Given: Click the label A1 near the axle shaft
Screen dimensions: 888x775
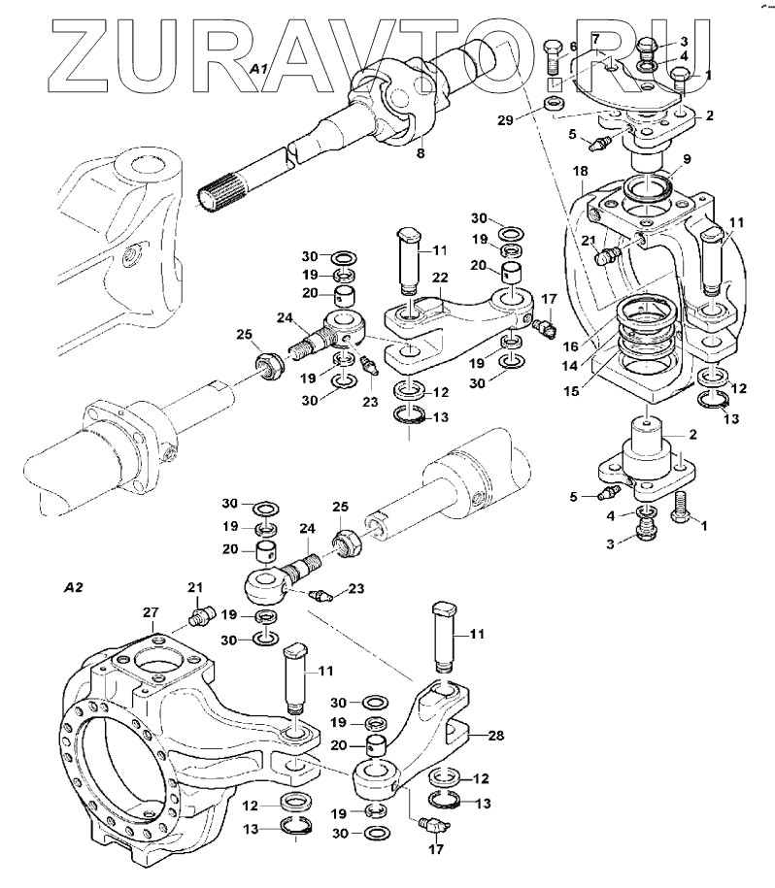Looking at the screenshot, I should click(x=257, y=69).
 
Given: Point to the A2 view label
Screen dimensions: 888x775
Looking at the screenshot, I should click(x=72, y=588).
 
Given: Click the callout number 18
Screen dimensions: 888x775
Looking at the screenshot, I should click(x=580, y=172).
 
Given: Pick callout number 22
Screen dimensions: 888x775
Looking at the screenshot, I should click(x=439, y=279).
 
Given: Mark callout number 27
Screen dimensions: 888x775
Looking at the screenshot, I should click(x=151, y=612).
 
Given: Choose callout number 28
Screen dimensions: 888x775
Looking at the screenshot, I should click(x=495, y=737).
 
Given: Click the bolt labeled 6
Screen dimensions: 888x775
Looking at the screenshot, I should click(x=553, y=63).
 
